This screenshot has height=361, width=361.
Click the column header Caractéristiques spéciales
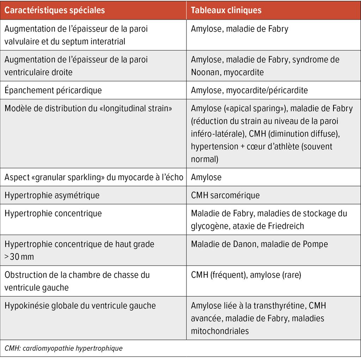55,10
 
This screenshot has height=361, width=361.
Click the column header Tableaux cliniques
226,10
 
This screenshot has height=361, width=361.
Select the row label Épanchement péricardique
53,90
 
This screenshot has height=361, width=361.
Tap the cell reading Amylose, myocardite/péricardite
249,90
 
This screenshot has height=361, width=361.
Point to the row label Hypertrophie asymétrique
52,195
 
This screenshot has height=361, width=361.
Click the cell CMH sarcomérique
225,195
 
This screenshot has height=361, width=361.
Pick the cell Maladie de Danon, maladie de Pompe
259,244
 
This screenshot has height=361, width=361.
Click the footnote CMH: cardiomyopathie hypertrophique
64,349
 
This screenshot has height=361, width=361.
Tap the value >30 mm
19,257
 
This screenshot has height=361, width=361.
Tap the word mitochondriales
220,331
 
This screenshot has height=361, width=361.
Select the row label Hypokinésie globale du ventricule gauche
80,305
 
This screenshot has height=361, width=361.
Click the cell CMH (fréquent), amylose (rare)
246,275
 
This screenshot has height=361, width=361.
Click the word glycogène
210,226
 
